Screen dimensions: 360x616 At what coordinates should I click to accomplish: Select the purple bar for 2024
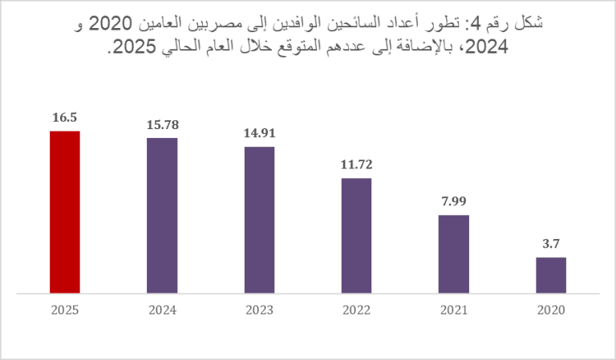(x=162, y=216)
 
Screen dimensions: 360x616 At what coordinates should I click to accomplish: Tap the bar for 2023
(x=259, y=220)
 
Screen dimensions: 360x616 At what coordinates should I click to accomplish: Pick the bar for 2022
(x=356, y=236)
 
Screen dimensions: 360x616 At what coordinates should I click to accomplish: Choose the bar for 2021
(x=453, y=254)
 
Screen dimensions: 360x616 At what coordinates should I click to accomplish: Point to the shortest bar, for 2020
(x=551, y=275)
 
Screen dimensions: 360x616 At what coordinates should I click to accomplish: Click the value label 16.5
(x=65, y=117)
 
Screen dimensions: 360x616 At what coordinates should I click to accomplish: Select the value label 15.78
(x=162, y=124)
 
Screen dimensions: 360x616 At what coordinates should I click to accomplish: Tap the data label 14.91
(x=259, y=133)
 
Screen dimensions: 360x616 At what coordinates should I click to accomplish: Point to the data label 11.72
(x=356, y=164)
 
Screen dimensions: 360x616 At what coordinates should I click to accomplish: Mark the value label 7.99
(x=453, y=201)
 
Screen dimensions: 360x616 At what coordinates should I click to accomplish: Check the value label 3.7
(x=551, y=244)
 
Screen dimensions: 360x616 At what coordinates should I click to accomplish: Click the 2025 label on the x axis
(x=65, y=309)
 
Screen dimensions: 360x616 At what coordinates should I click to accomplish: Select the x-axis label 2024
(x=162, y=309)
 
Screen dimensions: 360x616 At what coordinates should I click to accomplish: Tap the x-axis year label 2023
(x=259, y=309)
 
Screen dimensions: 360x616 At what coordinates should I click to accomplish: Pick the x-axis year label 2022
(x=356, y=309)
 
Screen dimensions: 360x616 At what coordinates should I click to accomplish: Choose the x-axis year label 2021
(x=453, y=309)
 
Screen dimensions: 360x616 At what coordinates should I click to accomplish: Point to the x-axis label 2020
(x=551, y=309)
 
